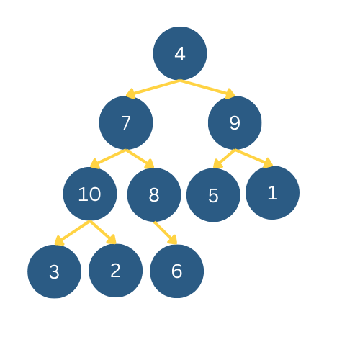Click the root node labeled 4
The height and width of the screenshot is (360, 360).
point(180,53)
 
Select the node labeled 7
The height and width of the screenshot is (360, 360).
point(126,122)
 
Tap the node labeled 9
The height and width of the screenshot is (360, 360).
point(235,122)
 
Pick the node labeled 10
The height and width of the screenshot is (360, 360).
point(90,194)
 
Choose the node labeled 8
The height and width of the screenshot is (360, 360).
point(154,194)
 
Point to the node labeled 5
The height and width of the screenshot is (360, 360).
point(213,195)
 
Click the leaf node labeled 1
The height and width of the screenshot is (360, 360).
point(272,192)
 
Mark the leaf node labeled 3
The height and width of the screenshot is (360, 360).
point(54,271)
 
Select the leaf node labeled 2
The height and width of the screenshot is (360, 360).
point(115,270)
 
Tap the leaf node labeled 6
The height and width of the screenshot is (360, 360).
point(177,271)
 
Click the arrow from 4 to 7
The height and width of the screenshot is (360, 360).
point(153,88)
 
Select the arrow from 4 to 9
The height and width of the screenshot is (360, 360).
point(207,88)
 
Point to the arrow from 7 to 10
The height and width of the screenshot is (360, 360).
point(108,158)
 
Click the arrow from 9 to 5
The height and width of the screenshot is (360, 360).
point(224,158)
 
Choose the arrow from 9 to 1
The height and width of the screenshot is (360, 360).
point(253,158)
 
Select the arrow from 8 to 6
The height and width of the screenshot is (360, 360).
point(165,233)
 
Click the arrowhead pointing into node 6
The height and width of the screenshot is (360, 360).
point(173,240)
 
